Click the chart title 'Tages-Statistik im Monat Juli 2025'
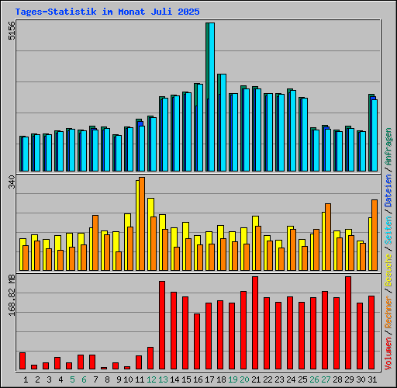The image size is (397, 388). coord(107,12)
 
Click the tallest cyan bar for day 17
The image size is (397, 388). coord(210,97)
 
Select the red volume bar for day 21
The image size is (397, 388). coord(255,323)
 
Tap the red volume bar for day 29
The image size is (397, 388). coord(348,323)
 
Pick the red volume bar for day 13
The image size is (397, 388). coord(162,325)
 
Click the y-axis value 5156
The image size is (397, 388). coord(11,31)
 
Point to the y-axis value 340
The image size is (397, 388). coord(11,184)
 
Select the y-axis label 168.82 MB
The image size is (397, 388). coord(11,295)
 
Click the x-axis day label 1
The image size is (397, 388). coord(26,379)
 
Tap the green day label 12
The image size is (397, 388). coord(151,379)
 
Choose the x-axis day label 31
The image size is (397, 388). coord(372,379)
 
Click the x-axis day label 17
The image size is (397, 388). coord(209,379)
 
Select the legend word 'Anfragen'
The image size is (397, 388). coord(388,147)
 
